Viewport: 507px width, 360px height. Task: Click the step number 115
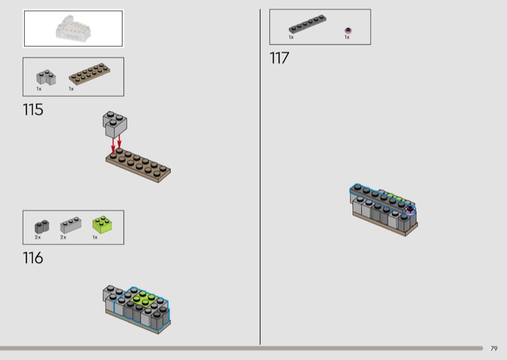(x=33, y=110)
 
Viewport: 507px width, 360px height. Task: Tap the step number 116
(x=33, y=258)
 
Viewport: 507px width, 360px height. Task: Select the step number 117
(x=279, y=58)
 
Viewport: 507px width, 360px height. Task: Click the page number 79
(x=494, y=349)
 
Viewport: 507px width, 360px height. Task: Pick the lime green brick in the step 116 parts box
(x=102, y=224)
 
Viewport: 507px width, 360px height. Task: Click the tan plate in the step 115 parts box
(x=89, y=74)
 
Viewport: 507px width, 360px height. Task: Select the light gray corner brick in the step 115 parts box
(x=46, y=77)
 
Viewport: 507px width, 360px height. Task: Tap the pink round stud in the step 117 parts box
(x=348, y=30)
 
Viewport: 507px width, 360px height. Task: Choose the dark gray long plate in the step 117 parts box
(x=307, y=24)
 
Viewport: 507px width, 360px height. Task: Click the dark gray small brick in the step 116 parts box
(x=42, y=227)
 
